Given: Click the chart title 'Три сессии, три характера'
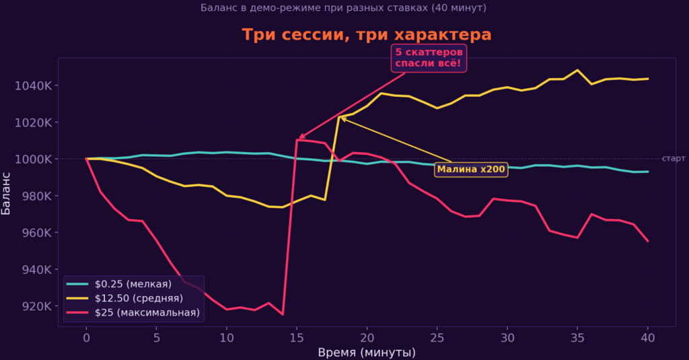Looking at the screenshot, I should tap(367, 35).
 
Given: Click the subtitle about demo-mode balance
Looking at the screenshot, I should tap(343, 8).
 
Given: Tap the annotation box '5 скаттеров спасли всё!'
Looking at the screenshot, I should tap(429, 59).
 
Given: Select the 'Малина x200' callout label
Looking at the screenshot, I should tap(471, 170).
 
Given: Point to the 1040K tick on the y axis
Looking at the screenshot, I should tap(33, 86).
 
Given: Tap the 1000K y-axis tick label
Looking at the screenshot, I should tap(33, 159).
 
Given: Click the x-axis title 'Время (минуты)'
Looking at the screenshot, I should tap(367, 353).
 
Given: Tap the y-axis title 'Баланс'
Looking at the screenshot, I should tap(7, 192).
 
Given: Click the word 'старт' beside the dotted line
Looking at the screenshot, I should tap(673, 159).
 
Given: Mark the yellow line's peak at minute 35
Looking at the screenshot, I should tap(577, 70).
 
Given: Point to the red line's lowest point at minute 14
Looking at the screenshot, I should tap(283, 314).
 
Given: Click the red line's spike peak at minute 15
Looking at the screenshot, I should tap(297, 140).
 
